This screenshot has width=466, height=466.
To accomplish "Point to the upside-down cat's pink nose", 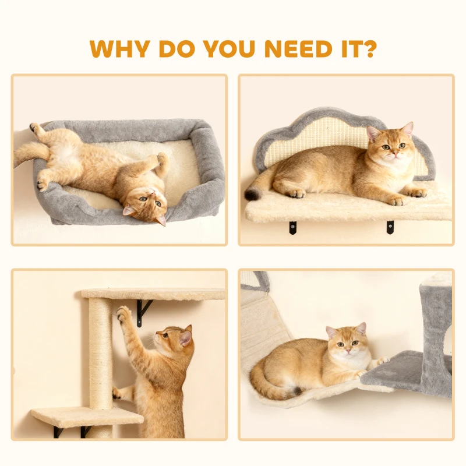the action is point(152,193).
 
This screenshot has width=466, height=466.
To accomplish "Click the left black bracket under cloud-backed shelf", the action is point(292,227).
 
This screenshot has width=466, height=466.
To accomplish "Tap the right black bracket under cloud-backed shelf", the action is point(390,227).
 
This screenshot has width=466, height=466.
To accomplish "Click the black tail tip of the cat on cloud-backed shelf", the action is point(252,195).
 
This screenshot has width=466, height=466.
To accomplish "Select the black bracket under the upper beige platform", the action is point(143,312).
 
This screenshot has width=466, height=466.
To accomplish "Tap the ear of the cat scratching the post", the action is point(186,336).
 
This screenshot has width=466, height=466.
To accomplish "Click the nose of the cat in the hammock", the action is point(347,350).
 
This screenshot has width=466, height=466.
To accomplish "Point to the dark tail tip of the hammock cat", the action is point(296,390).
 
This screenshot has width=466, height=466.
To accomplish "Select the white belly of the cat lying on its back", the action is point(69,154).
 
